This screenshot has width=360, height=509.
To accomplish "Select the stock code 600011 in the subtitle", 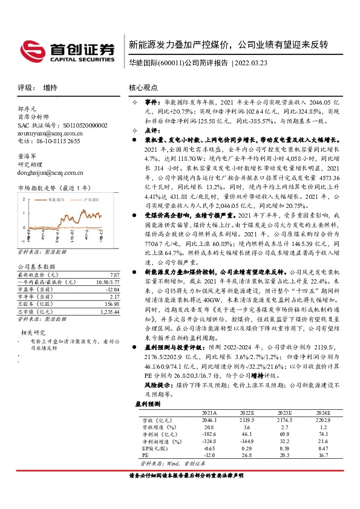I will click(168, 62).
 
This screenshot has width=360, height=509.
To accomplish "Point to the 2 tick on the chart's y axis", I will click(24, 198).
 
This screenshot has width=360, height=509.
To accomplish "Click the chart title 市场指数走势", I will click(37, 188).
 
